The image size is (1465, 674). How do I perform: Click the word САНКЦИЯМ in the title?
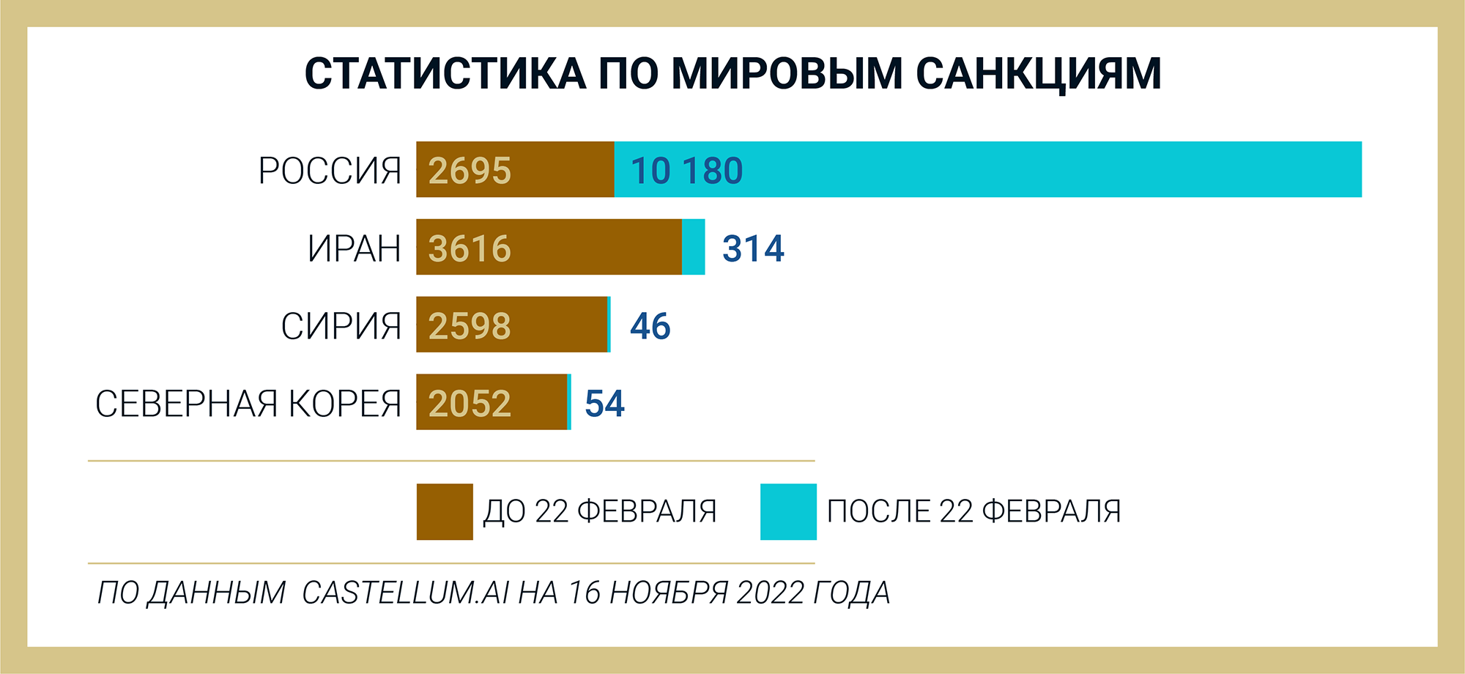(1039, 74)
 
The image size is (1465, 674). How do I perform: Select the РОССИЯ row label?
(330, 171)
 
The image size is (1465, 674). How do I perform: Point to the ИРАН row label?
(355, 249)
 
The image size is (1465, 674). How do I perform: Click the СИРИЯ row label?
(341, 327)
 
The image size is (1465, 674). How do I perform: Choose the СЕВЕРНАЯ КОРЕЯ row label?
(248, 404)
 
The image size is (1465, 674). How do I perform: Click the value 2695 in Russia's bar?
(470, 171)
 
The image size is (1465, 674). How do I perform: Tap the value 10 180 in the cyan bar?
(686, 171)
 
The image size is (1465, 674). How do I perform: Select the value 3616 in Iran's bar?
(470, 249)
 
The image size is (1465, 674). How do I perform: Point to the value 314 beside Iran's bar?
(753, 249)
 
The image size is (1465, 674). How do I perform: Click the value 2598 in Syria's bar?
(470, 327)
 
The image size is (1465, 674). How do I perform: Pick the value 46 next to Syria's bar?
(650, 327)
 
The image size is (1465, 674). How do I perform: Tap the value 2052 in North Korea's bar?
(470, 404)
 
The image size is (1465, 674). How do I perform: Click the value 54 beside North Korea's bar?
(604, 404)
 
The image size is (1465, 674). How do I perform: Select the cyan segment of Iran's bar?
(694, 248)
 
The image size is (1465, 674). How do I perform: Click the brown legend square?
(445, 512)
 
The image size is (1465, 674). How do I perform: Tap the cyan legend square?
(788, 512)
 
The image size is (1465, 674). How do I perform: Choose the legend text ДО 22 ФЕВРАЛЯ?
(600, 512)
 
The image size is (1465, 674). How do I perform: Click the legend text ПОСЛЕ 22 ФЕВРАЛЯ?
(973, 512)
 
